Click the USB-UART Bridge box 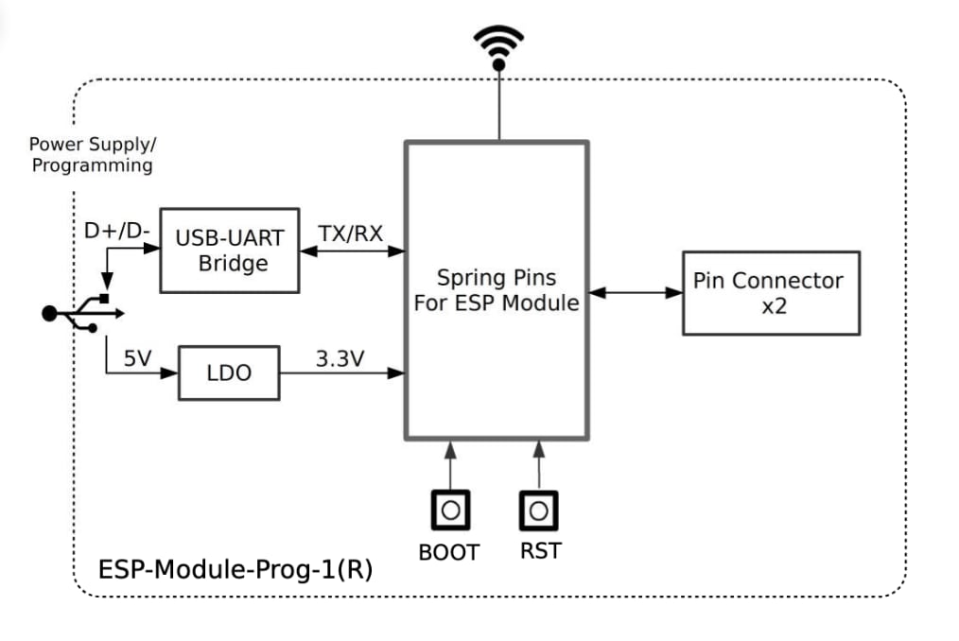click(x=230, y=251)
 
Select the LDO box click(x=229, y=372)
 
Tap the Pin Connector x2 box click(x=770, y=292)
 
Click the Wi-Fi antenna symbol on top click(x=497, y=47)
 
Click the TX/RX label click(x=351, y=234)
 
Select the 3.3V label click(x=340, y=359)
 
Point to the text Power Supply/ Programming click(x=92, y=155)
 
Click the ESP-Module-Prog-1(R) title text click(x=235, y=570)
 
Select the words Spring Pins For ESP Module click(x=497, y=290)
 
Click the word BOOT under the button click(x=449, y=552)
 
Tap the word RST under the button click(x=540, y=551)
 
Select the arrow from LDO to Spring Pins click(x=342, y=373)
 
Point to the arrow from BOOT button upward click(x=450, y=464)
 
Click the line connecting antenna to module click(x=497, y=107)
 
